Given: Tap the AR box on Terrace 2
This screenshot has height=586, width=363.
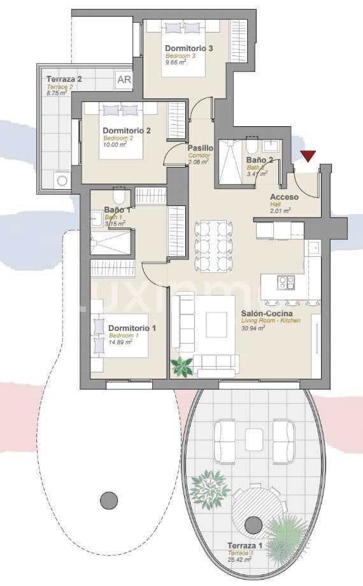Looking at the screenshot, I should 124,81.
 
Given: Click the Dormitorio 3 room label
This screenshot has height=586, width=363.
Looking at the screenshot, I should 189,48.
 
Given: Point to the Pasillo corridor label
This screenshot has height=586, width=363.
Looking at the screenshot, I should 201,148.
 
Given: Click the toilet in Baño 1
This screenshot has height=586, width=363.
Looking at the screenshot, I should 119,196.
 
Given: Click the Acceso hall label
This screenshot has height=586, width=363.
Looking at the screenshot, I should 284,197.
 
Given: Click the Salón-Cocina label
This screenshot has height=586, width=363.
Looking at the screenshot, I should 267,314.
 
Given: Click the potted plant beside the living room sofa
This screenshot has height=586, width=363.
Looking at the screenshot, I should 182,366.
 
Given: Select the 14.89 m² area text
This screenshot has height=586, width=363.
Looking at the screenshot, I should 120,342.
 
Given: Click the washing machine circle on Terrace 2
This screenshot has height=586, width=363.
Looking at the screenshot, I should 62,180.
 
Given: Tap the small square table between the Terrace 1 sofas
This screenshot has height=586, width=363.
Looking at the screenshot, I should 253,439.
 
